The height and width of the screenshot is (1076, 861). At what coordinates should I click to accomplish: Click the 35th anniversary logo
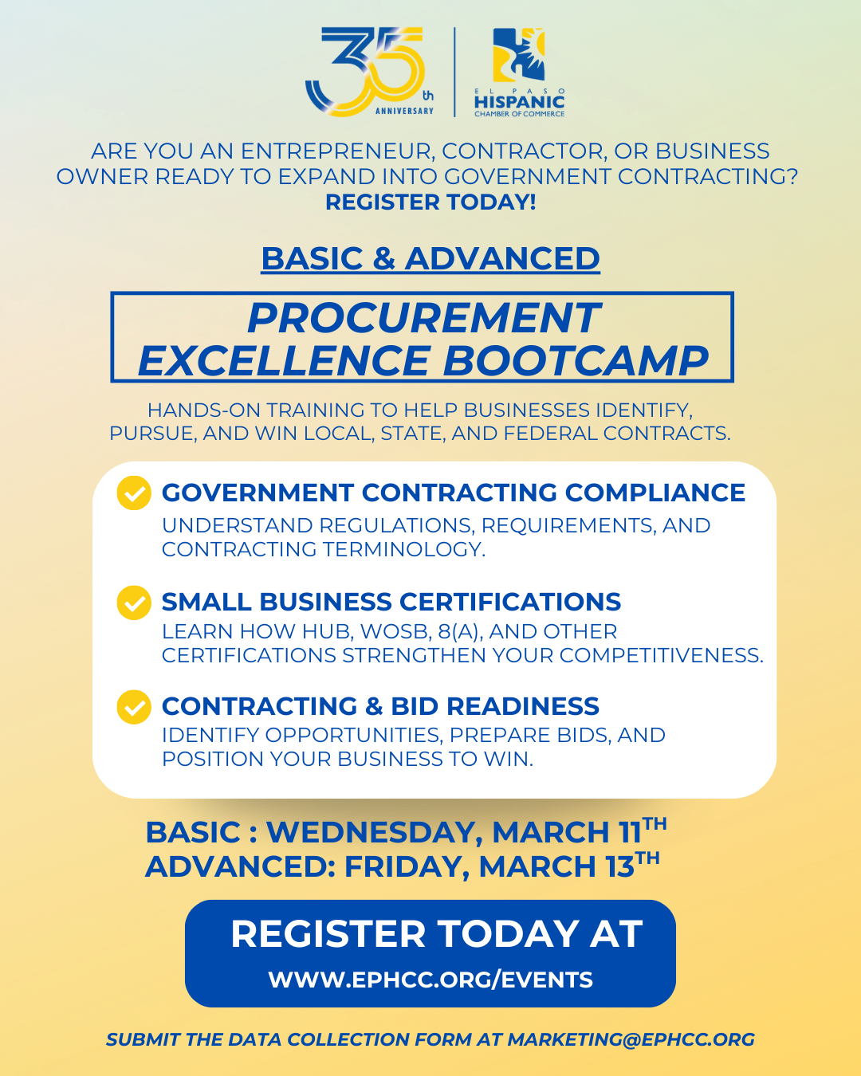(x=369, y=72)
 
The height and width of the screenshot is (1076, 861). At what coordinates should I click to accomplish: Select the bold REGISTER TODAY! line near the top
(x=431, y=202)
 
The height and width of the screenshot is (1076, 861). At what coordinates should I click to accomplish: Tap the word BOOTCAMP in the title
(x=576, y=360)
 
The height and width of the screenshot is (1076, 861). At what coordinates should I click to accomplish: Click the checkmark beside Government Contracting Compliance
(x=134, y=493)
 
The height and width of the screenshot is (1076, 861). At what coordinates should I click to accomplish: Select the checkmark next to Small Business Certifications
(x=134, y=603)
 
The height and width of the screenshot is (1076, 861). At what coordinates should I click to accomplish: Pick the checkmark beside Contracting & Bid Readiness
(x=134, y=707)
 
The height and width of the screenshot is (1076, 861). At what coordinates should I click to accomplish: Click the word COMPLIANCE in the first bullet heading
(x=655, y=493)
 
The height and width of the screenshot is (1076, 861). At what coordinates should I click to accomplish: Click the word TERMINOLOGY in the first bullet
(x=404, y=549)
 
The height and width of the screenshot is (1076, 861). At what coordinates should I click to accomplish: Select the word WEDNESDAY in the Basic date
(x=371, y=832)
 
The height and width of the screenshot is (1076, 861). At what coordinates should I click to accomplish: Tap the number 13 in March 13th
(x=619, y=866)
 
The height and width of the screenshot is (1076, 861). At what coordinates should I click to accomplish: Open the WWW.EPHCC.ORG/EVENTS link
(x=431, y=980)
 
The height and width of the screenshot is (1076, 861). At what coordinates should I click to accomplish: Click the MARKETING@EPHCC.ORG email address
(x=631, y=1039)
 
